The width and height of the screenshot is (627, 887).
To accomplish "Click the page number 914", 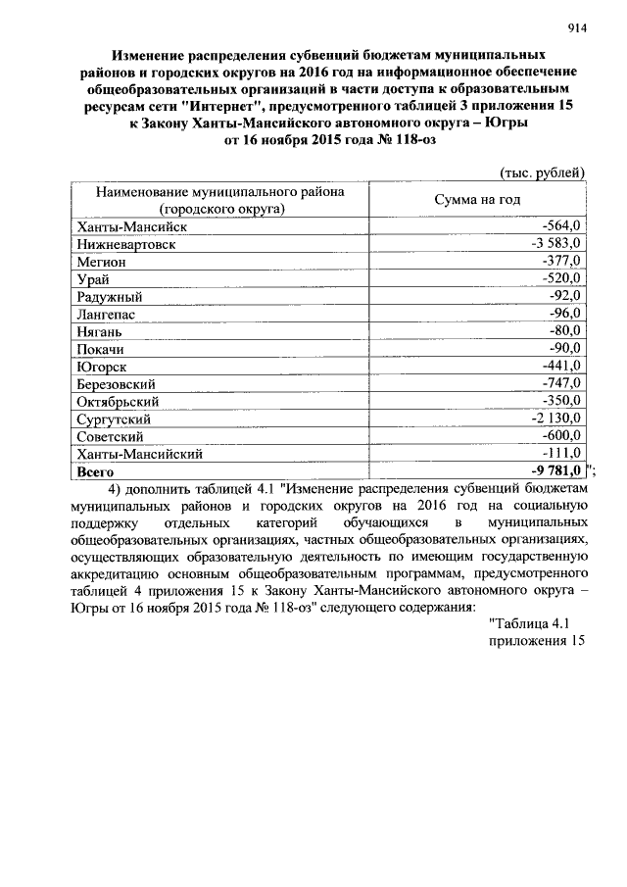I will pos(575,28).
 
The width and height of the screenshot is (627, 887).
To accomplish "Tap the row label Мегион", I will pos(101,262).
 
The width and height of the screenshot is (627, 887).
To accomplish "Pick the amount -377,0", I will pos(562,262).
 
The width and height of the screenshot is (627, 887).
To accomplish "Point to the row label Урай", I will pos(93,279).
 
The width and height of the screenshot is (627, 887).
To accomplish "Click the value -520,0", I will pos(562,279).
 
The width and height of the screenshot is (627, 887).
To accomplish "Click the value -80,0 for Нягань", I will pos(565,331).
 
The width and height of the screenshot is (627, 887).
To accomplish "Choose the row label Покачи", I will pos(102,349).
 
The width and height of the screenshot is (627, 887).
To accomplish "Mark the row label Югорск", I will pos(102,367).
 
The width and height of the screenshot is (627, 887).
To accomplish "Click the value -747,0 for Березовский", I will pos(562,383).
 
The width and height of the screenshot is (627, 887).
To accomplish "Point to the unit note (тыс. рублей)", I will pos(543,172).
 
